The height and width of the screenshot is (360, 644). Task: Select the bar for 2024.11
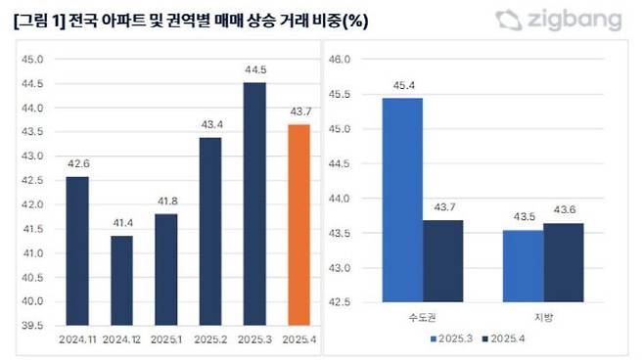(x=77, y=250)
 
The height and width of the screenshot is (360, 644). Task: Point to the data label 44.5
(x=254, y=70)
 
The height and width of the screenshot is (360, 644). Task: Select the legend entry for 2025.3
(x=451, y=339)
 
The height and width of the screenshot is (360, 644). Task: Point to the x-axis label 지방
(x=543, y=317)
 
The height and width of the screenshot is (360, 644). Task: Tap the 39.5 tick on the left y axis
(x=33, y=325)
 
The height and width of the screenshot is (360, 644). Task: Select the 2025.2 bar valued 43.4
(x=210, y=231)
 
